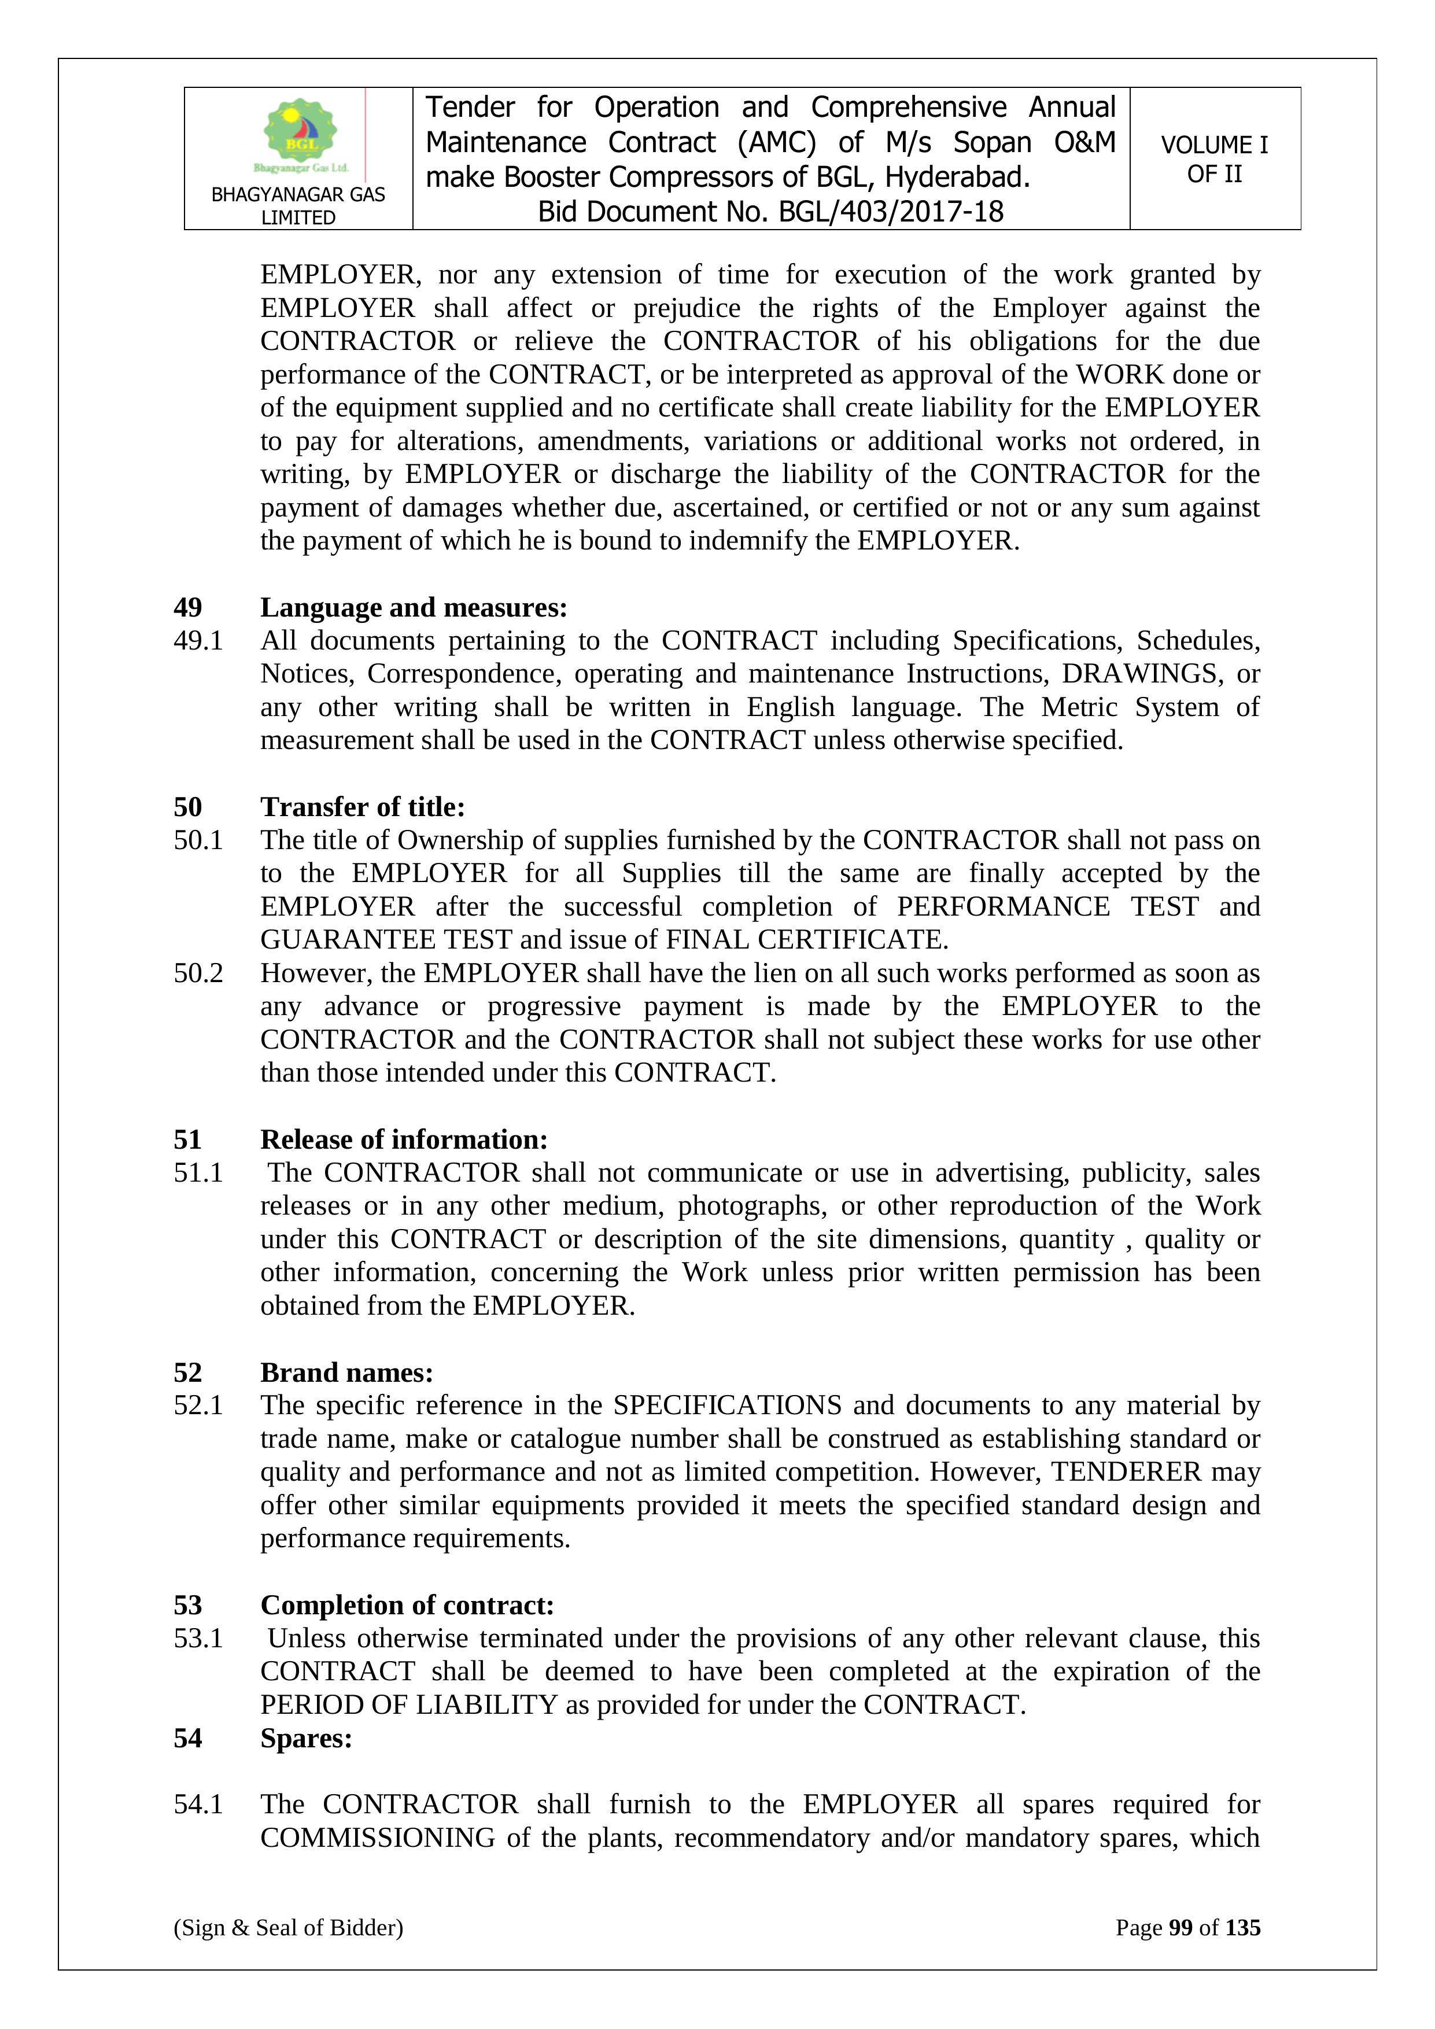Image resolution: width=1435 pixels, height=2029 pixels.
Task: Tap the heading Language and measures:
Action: (414, 607)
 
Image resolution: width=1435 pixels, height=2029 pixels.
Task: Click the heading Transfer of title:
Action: (362, 807)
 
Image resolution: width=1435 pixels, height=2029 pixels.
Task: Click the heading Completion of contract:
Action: (407, 1605)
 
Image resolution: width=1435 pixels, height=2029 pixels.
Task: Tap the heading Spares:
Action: (306, 1737)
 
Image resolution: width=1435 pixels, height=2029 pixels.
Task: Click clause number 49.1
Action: (198, 641)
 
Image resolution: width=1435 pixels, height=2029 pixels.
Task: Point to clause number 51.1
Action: (198, 1172)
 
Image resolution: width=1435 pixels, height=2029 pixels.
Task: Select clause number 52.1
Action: (198, 1405)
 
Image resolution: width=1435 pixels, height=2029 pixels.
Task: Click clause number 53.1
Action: (198, 1639)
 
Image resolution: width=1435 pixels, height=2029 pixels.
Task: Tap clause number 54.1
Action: (198, 1805)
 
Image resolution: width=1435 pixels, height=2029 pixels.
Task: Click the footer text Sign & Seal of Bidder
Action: (288, 1927)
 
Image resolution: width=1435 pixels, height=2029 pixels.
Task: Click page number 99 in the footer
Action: (1181, 1927)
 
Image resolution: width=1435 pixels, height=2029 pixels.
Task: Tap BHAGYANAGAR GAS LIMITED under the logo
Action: (298, 205)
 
